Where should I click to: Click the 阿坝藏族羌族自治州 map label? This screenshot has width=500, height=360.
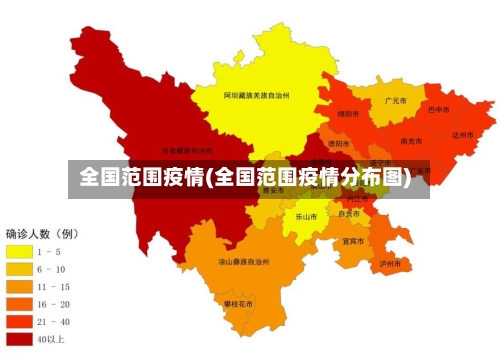256,96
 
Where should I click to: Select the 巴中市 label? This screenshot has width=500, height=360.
438,111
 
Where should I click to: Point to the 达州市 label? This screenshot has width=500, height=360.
461,135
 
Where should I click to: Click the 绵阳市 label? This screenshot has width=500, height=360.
347,115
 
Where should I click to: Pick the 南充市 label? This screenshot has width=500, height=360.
409,142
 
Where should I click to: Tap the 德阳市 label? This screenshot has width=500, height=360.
339,144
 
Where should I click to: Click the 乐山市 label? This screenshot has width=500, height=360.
306,216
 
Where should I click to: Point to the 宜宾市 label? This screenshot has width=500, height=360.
353,241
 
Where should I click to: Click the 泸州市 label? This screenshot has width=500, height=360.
390,264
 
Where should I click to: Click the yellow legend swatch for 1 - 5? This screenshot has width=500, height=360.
20,252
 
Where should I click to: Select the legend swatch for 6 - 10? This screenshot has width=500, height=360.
20,269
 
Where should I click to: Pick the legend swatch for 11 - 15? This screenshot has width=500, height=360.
20,287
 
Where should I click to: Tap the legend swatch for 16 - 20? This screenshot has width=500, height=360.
20,304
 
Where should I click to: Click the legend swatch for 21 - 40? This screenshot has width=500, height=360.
20,322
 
